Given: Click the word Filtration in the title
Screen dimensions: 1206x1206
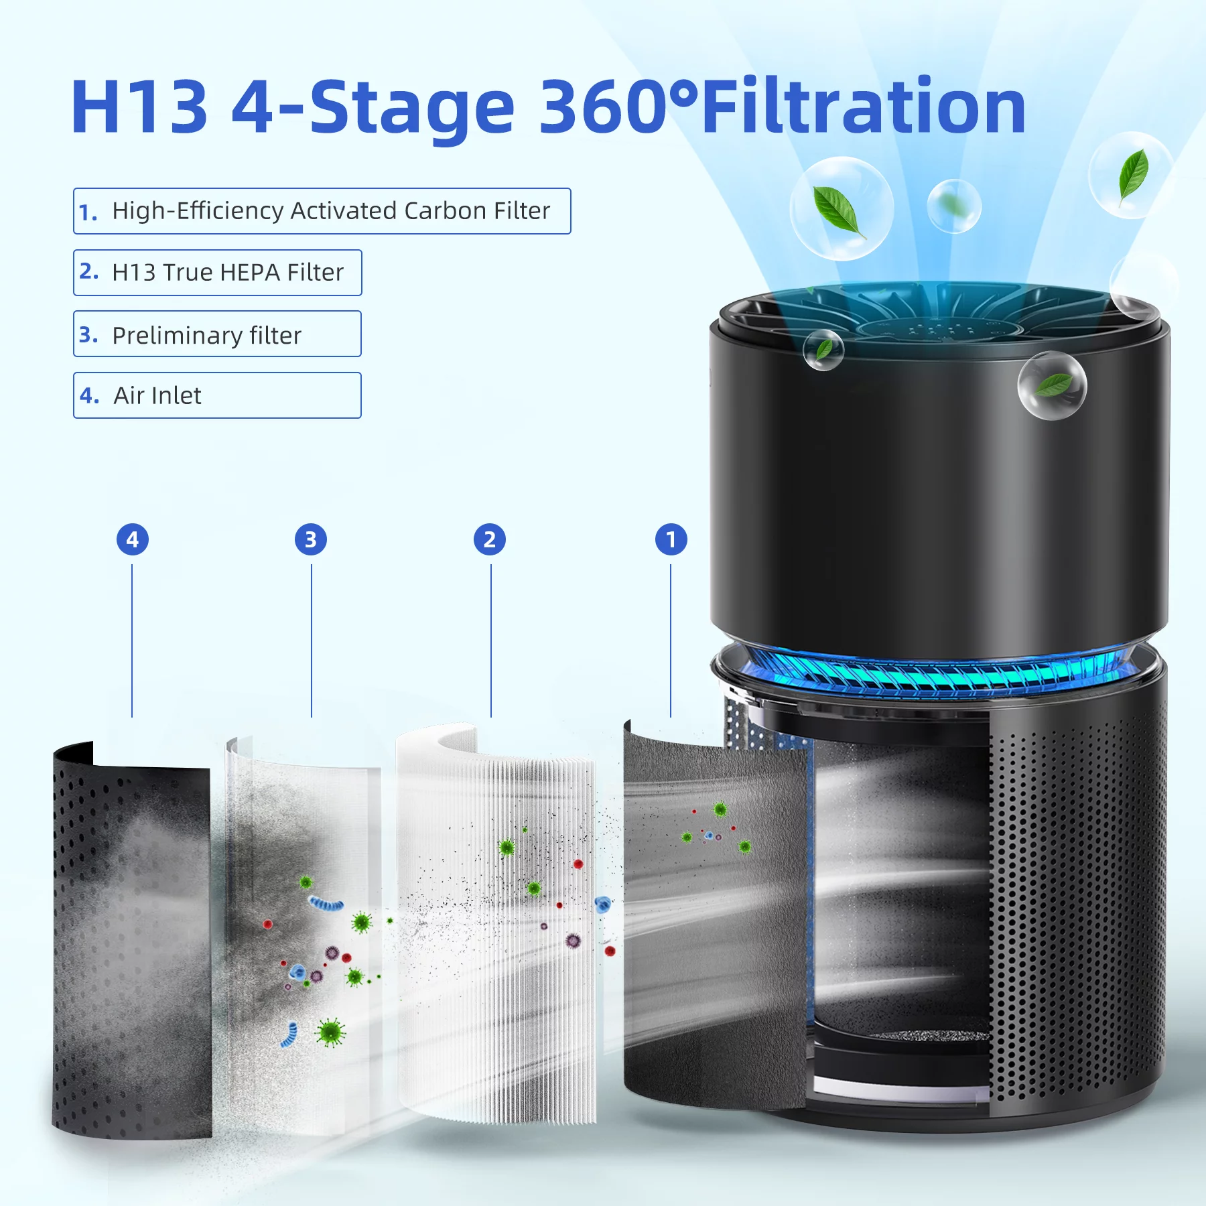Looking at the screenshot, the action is [864, 106].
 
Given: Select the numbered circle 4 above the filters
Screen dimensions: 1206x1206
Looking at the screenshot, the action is [133, 539].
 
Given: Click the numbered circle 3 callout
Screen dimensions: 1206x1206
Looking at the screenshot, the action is [311, 539].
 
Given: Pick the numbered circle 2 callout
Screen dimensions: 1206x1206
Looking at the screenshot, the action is [490, 539].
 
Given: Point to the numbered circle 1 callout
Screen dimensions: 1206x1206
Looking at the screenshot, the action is [671, 539].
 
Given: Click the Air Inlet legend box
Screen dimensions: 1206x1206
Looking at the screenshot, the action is [217, 395].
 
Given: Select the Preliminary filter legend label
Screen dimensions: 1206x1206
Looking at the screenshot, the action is [206, 335].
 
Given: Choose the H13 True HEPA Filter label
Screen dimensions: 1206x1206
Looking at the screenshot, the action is [228, 273].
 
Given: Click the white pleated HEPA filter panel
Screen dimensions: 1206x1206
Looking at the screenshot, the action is [496, 925].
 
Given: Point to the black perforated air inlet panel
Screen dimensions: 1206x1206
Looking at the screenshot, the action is [131, 938].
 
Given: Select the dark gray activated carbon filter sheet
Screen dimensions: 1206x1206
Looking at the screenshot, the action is [714, 918].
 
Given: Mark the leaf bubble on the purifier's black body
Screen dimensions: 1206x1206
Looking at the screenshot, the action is [1052, 385].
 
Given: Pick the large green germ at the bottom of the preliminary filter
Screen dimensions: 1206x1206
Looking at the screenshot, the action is [330, 1032].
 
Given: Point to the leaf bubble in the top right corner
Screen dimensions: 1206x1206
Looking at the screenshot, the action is [1131, 175].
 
